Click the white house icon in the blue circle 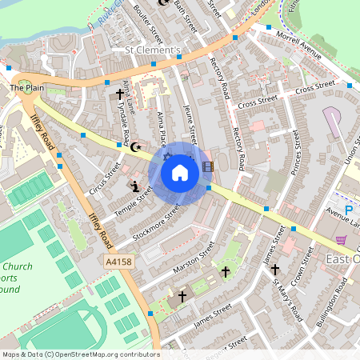tap(179, 173)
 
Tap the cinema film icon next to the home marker tap(208, 166)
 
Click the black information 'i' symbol tap(135, 187)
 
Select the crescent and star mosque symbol tap(135, 146)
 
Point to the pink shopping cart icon tap(342, 239)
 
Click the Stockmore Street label tap(157, 224)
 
